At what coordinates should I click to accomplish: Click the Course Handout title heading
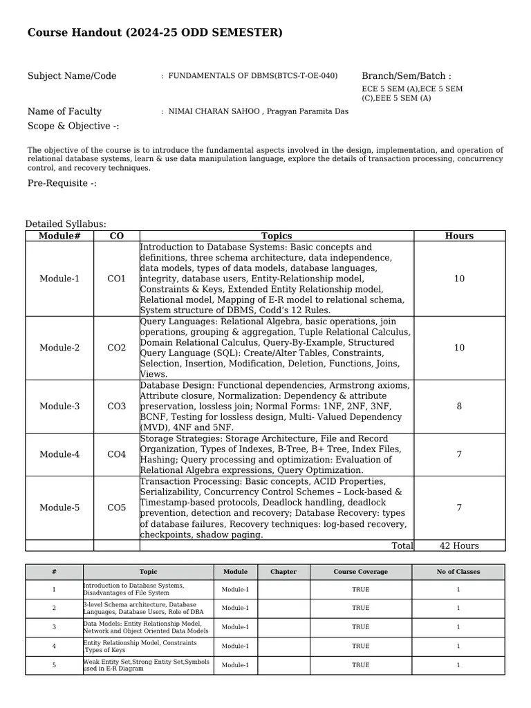click(155, 33)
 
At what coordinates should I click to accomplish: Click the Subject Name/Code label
click(72, 76)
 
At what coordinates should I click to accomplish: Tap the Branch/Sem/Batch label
click(406, 76)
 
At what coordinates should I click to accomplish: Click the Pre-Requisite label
click(62, 183)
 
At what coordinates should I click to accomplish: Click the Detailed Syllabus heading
click(66, 224)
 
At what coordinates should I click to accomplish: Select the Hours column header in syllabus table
click(459, 236)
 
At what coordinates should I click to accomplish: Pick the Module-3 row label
click(59, 407)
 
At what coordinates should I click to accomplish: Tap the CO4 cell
click(117, 454)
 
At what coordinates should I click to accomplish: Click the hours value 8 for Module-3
click(459, 407)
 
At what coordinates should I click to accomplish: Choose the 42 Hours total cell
click(459, 546)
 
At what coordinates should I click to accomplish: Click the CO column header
click(117, 236)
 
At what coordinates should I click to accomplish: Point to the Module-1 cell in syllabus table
click(59, 279)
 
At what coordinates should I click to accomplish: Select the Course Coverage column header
click(360, 572)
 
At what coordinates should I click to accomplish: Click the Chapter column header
click(283, 572)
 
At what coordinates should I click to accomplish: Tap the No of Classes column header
click(458, 572)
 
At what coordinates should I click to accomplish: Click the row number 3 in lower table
click(54, 627)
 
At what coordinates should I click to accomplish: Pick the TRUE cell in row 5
click(360, 665)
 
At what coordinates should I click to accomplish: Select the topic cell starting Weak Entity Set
click(147, 665)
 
